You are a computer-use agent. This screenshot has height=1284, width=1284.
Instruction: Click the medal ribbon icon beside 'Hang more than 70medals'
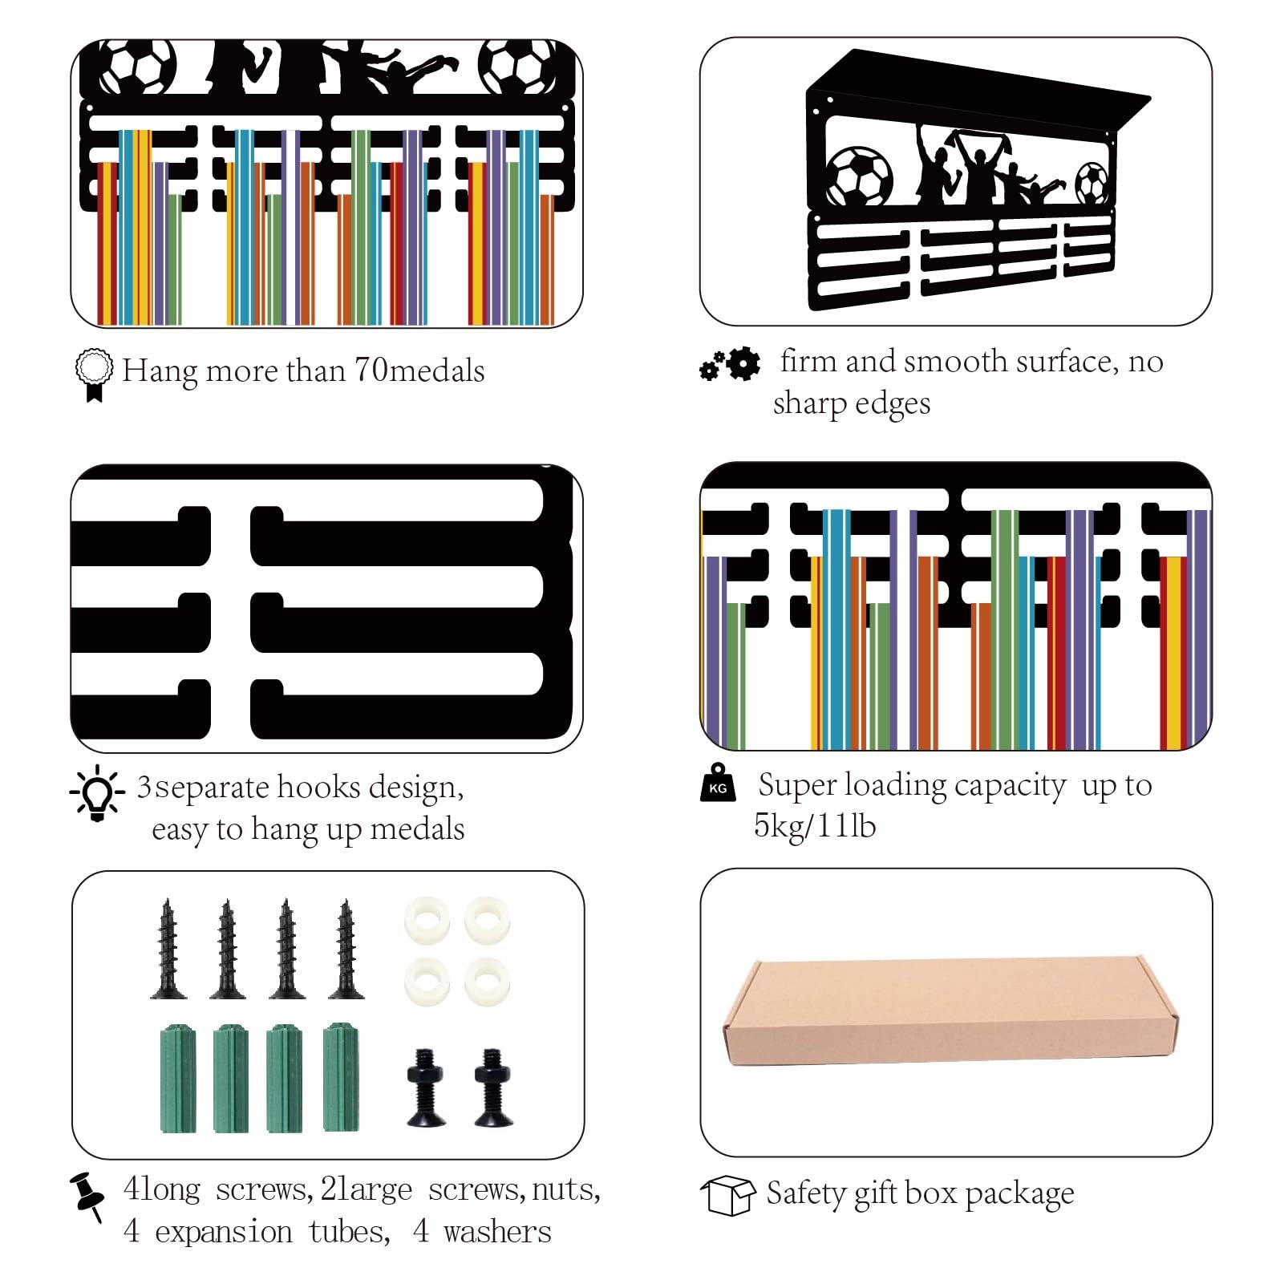(94, 375)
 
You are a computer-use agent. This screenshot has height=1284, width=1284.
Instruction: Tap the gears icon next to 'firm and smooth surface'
(730, 365)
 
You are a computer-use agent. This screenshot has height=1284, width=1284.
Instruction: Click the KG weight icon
(718, 783)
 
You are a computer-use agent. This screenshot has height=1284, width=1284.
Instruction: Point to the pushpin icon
(87, 1196)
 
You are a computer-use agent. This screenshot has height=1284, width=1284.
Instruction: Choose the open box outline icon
(727, 1196)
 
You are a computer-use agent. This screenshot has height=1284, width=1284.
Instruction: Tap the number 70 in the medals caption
(371, 370)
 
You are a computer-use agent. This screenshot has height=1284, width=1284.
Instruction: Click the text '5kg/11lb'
(814, 826)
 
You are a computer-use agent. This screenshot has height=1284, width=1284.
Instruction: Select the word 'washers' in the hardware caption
(497, 1231)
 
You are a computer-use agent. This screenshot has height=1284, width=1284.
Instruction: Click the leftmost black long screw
(168, 949)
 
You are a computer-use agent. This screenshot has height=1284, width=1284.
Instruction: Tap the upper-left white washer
(427, 920)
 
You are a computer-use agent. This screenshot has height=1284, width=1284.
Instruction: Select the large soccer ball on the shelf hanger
(858, 176)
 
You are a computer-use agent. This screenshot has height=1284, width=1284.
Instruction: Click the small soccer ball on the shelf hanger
(1092, 184)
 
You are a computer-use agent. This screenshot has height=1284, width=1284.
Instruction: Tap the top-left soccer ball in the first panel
(138, 67)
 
